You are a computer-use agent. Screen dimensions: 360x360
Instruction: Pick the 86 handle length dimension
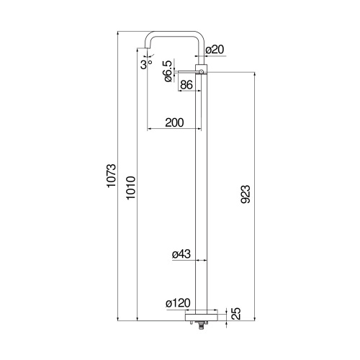coord(185,85)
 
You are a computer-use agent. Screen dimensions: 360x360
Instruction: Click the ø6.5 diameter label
coord(167,72)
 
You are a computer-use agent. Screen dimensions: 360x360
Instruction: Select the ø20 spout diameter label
coord(215,50)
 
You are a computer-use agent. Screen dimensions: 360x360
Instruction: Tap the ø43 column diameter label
coord(181,254)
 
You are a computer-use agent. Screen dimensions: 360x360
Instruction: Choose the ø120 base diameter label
coord(177,304)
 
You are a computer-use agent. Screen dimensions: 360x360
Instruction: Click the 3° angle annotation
coord(147,64)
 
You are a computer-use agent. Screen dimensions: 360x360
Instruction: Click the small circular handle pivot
coord(202,72)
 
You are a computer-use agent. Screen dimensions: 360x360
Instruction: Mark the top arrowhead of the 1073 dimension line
coord(119,34)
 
